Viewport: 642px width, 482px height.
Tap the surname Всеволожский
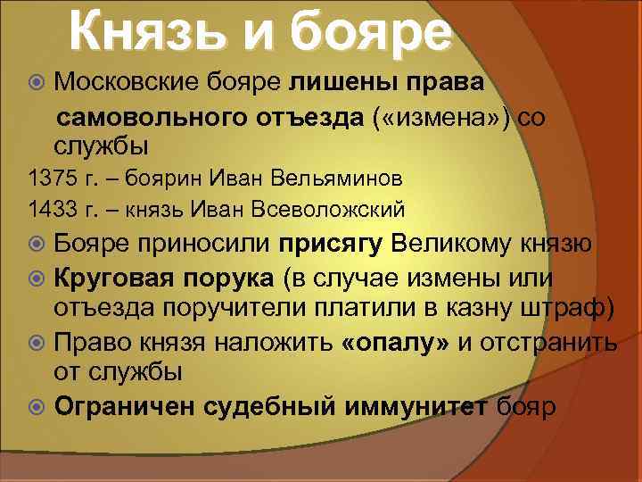[332, 209]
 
